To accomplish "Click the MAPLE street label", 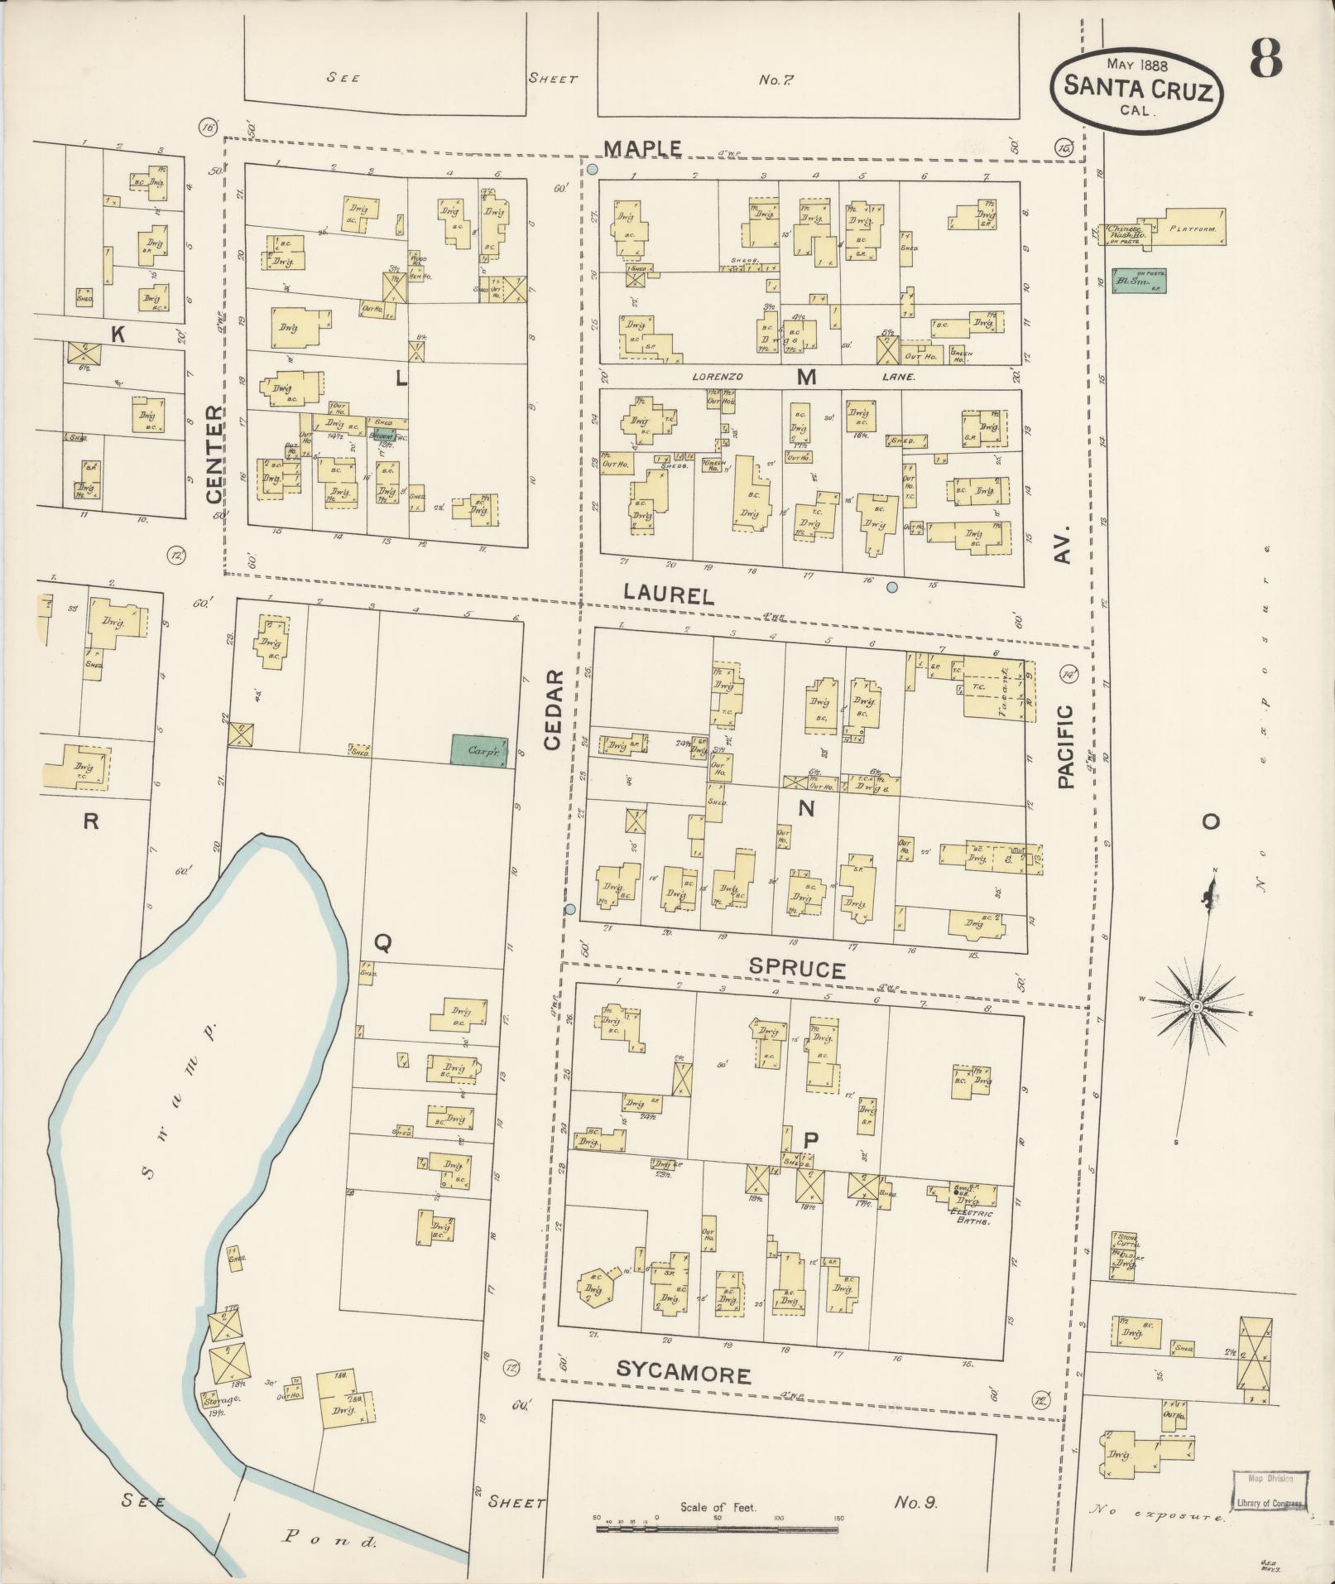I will (641, 148).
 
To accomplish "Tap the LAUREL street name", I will (668, 594).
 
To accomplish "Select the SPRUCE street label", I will (797, 970).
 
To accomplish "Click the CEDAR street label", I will (553, 710).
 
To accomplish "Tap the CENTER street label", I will (214, 454).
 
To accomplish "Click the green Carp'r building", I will (478, 750).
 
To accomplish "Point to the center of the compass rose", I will (1195, 1006).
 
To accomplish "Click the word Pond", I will (330, 1540).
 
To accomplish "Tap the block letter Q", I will (382, 941).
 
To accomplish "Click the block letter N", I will (805, 809).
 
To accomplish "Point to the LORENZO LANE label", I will (803, 377).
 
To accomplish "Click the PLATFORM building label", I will (1192, 229).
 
